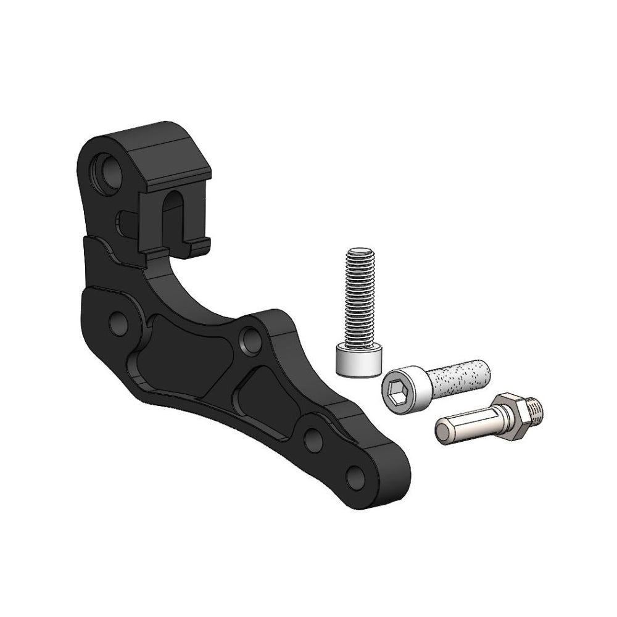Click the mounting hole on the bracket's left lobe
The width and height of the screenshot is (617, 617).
pos(117,322)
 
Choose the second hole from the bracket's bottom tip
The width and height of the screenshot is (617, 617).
pos(313,439)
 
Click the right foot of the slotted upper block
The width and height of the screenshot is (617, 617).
pos(201,247)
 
